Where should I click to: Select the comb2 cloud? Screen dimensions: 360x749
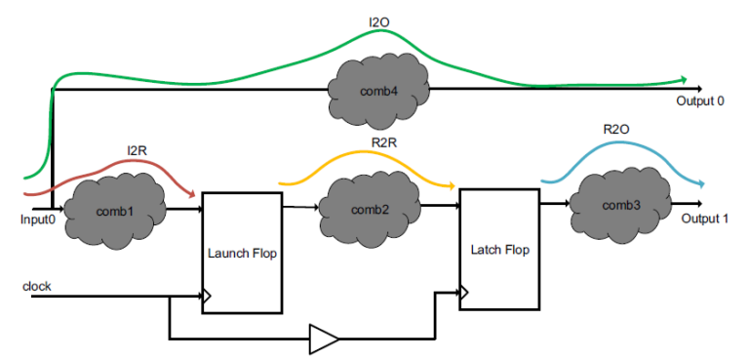click(x=369, y=209)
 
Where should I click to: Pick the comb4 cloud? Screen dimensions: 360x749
click(x=380, y=92)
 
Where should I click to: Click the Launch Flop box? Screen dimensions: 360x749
click(x=243, y=252)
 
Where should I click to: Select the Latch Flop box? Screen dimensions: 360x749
click(x=497, y=249)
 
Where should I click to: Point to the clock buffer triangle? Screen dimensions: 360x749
click(x=324, y=340)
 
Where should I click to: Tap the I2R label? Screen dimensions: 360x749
click(x=138, y=151)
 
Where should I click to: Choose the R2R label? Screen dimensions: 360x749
click(x=383, y=142)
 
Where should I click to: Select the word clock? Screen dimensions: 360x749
click(x=37, y=287)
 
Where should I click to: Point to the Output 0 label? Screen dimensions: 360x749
click(x=700, y=100)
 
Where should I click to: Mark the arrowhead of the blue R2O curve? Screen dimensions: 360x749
click(x=701, y=184)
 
